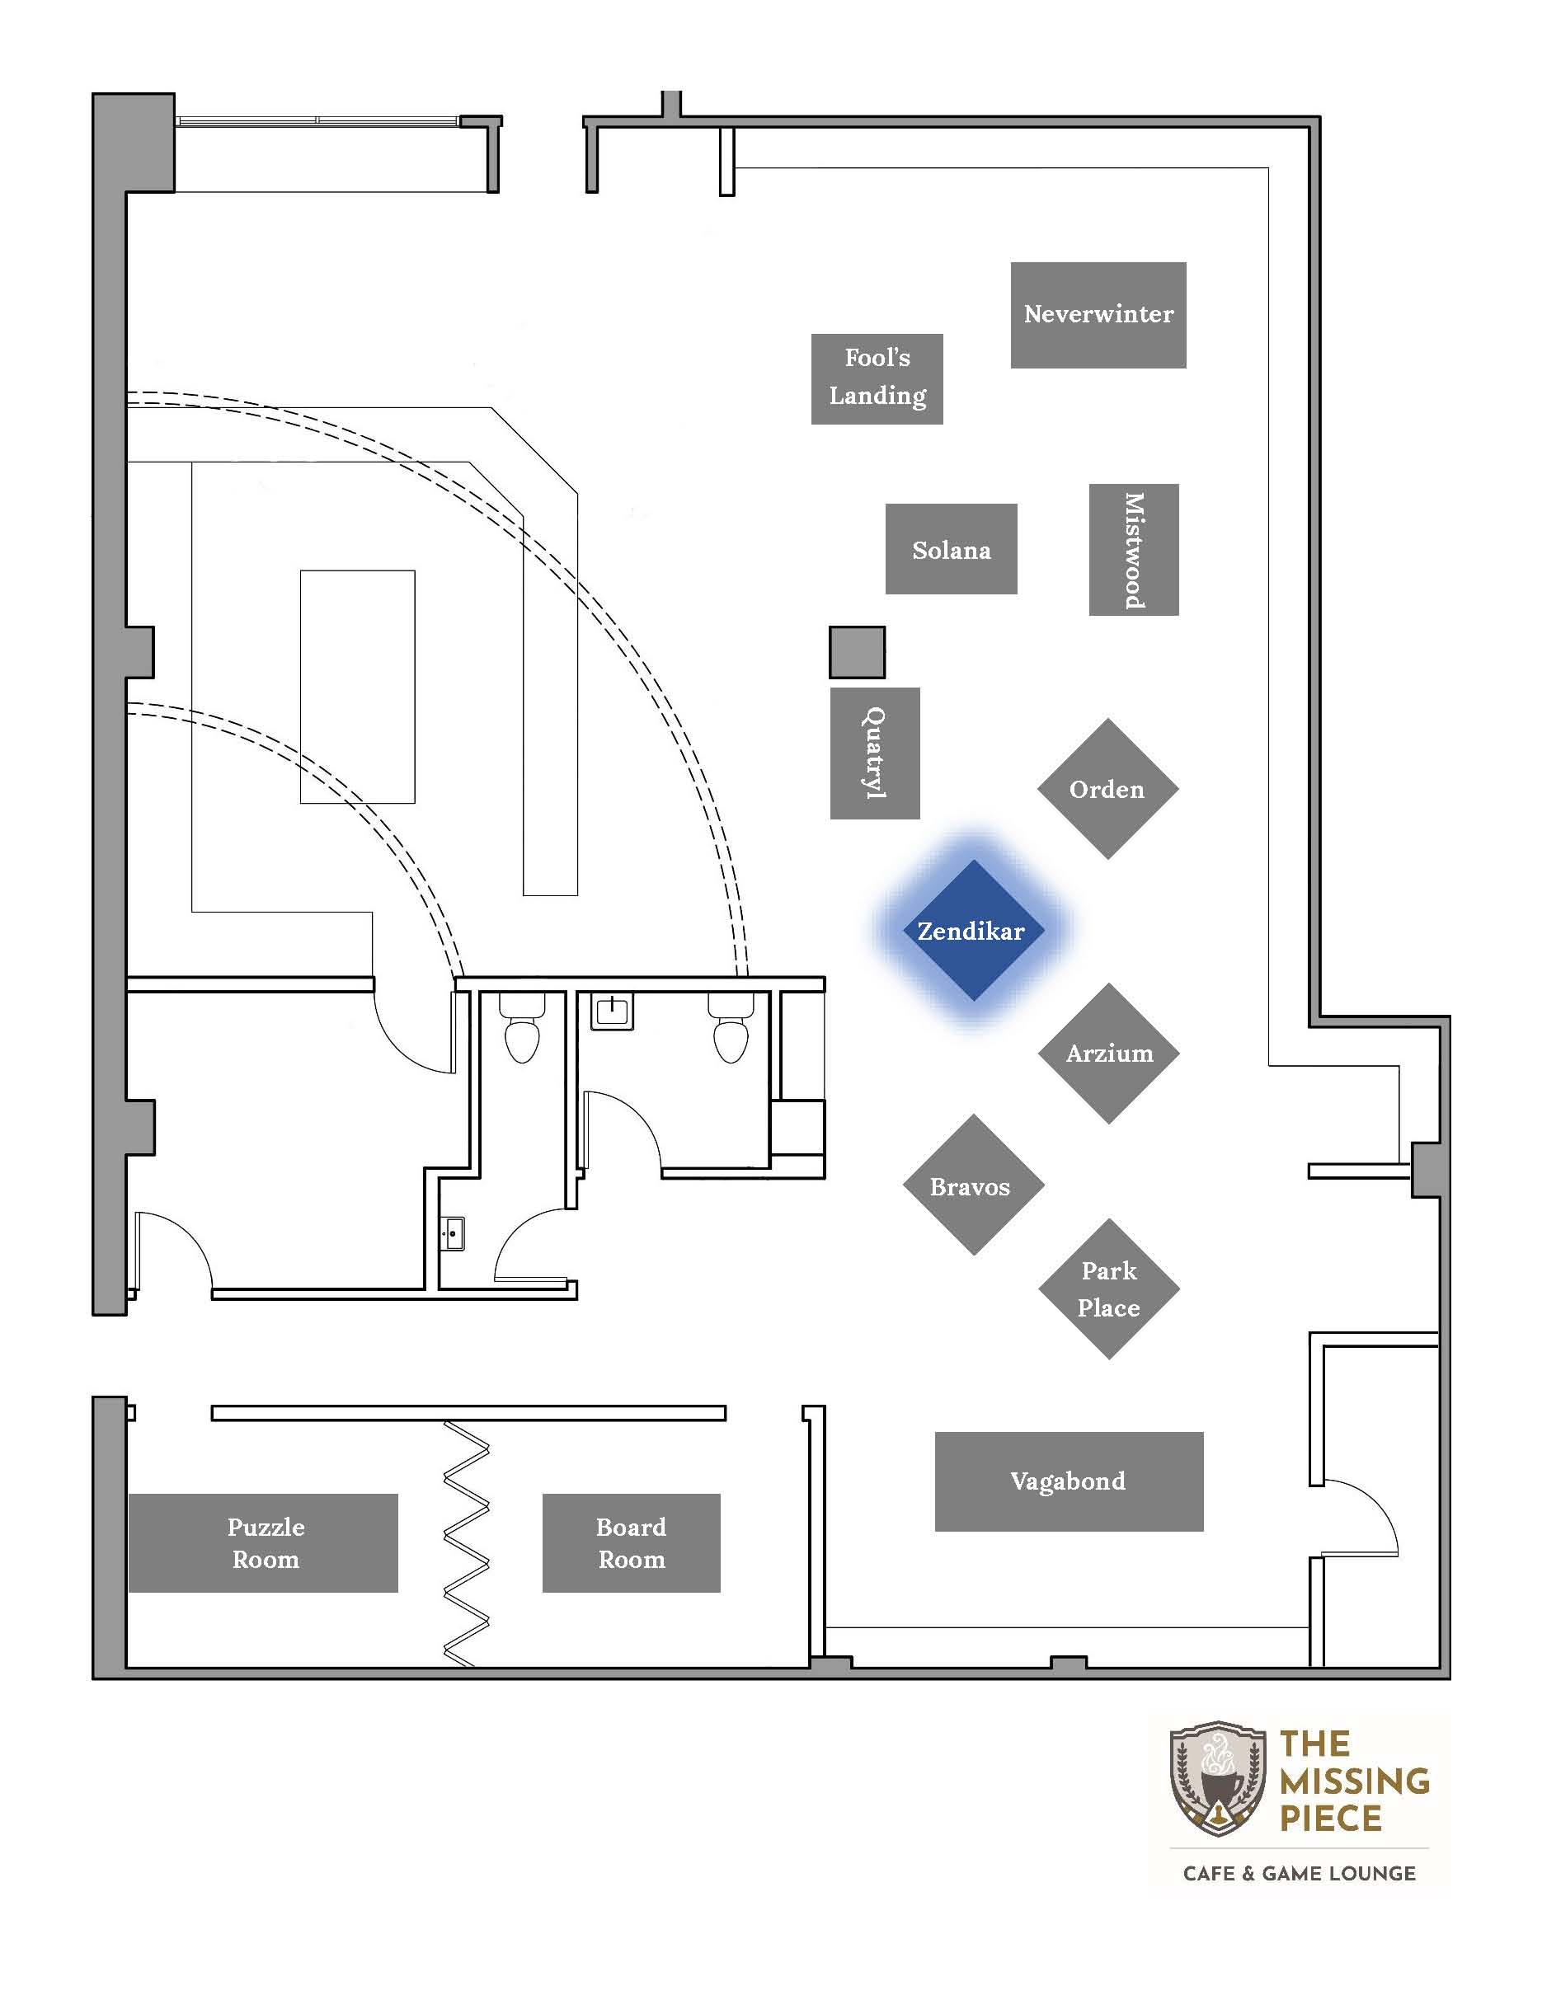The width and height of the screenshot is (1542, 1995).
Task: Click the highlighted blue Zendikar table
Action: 973,931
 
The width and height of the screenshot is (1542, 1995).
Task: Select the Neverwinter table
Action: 1098,315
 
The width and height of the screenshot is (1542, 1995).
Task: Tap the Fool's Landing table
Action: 877,379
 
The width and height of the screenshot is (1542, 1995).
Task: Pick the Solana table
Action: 951,549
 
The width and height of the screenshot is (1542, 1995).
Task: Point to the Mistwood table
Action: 1134,550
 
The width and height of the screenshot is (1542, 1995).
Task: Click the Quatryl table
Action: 875,753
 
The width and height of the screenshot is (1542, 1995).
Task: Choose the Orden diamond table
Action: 1108,789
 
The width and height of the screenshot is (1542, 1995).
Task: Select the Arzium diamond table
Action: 1109,1054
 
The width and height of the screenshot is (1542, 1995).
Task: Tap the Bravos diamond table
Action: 974,1185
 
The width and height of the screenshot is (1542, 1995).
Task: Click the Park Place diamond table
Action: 1109,1289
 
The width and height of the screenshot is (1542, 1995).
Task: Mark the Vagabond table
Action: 1069,1481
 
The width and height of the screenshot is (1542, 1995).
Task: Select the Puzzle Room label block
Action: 263,1543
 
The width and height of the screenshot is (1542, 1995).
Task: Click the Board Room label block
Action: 632,1543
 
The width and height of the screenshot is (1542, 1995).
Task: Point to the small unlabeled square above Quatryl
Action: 857,652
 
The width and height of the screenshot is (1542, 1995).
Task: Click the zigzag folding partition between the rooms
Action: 467,1543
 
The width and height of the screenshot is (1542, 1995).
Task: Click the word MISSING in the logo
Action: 1354,1781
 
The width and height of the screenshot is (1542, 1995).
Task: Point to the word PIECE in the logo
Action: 1330,1819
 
